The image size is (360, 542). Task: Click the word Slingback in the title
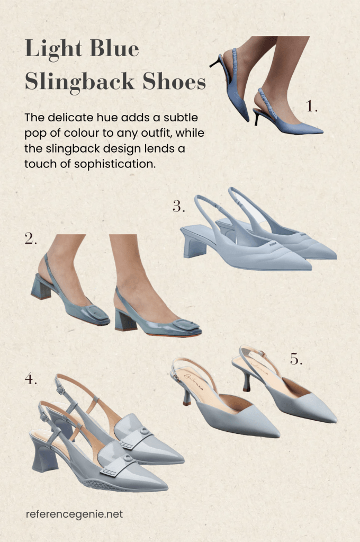[x=79, y=82]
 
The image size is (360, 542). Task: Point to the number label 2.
[x=30, y=238]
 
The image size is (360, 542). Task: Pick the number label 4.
[x=30, y=379]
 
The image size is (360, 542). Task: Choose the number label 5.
[x=296, y=359]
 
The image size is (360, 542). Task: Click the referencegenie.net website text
[x=74, y=514]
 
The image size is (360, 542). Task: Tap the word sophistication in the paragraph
[x=115, y=164]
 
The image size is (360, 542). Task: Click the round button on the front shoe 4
[x=128, y=458]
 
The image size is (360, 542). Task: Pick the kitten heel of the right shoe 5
[x=246, y=381]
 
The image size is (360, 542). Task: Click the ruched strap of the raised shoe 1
[x=235, y=62]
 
